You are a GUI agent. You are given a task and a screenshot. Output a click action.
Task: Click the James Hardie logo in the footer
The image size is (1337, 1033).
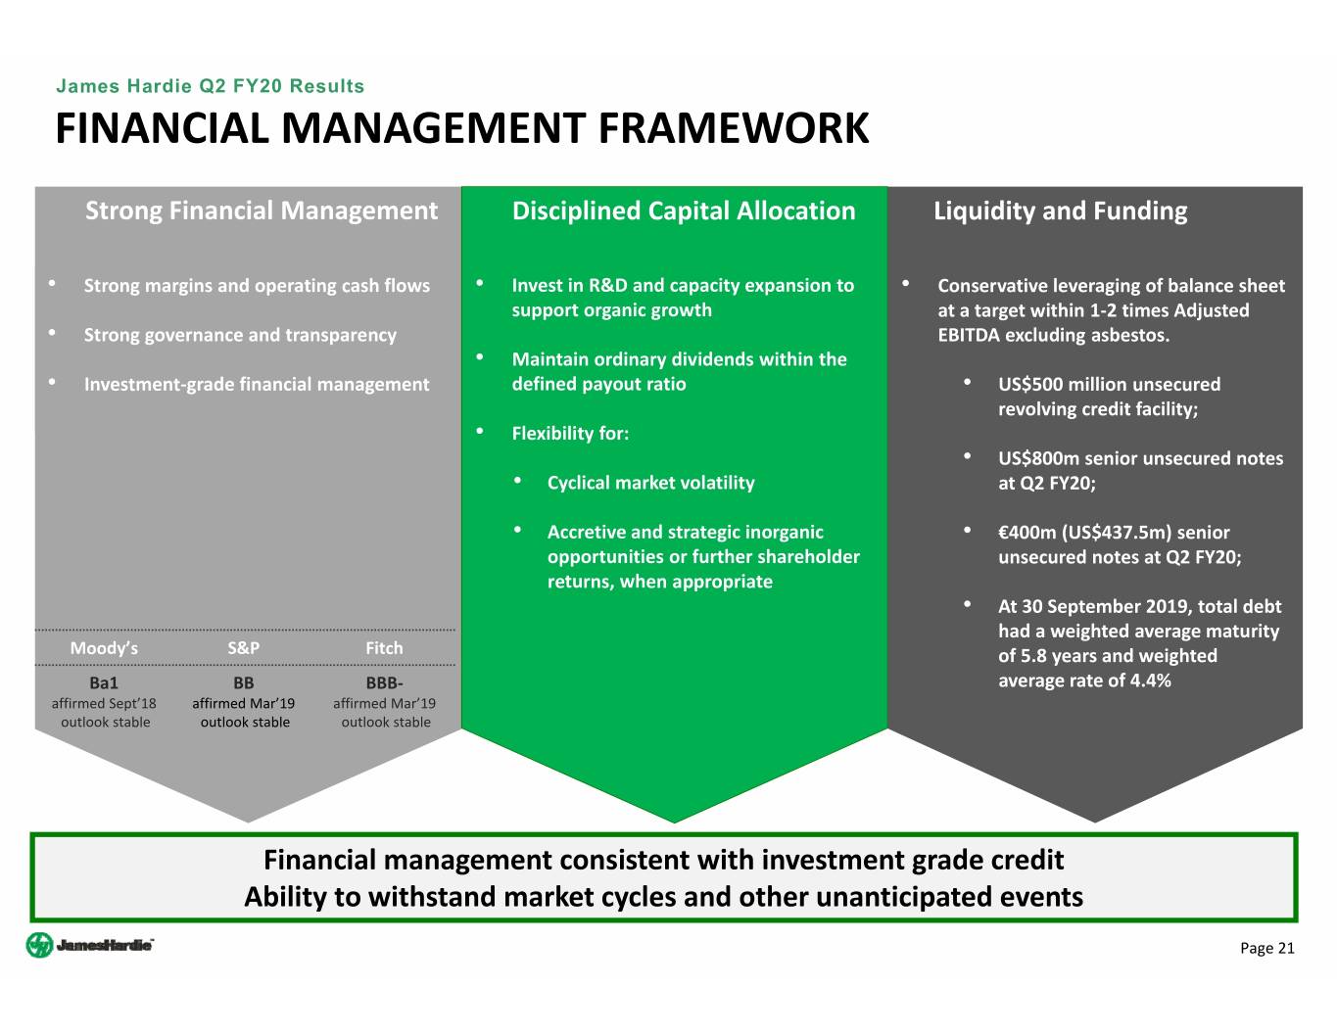[x=89, y=946]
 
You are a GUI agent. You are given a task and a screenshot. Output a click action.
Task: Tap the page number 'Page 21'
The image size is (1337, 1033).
[x=1266, y=948]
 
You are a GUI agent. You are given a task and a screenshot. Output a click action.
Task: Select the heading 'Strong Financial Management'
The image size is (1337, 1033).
[x=262, y=211]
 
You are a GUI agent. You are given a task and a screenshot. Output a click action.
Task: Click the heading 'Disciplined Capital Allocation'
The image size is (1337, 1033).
[x=684, y=211]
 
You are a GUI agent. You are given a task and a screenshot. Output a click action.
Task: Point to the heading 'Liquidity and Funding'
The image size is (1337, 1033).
[x=1060, y=211]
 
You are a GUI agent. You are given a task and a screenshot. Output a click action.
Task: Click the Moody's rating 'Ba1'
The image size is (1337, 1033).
[x=104, y=682]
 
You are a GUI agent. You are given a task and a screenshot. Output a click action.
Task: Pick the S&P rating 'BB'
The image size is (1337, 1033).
[x=244, y=682]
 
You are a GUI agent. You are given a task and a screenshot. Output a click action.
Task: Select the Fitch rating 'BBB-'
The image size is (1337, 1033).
[x=384, y=682]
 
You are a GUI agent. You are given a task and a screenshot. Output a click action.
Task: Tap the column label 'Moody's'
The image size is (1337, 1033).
[x=104, y=648]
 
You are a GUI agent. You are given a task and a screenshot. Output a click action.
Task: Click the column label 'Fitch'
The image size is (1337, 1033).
[x=384, y=648]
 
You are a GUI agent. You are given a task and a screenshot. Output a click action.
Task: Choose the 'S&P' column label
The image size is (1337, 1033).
[x=244, y=648]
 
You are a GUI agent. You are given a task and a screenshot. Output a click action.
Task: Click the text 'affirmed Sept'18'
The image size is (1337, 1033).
[x=104, y=703]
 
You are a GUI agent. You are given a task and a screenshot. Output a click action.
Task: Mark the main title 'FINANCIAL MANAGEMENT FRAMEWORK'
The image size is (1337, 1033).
[x=461, y=129]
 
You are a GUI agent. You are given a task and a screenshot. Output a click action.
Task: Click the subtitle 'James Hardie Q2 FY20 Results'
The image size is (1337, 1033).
[x=210, y=86]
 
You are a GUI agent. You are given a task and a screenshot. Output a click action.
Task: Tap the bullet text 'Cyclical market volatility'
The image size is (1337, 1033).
[x=650, y=483]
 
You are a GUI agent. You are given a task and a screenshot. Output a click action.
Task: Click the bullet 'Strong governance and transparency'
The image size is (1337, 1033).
[x=240, y=335]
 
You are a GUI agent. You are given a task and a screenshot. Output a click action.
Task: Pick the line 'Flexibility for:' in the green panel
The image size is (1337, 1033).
[x=570, y=434]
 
